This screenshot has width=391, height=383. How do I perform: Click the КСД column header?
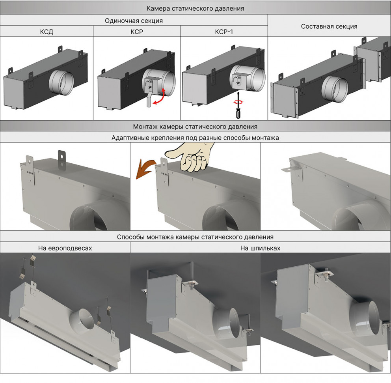[x=47, y=32]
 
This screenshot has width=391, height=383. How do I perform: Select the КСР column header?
[x=136, y=32]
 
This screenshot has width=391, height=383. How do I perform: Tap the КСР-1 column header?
[x=224, y=32]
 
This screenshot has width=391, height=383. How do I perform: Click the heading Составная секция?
[x=329, y=26]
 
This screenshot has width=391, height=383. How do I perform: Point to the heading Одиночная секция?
[x=134, y=21]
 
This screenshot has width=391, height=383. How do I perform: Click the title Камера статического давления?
[x=195, y=8]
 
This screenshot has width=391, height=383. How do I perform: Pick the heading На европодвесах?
[x=65, y=248]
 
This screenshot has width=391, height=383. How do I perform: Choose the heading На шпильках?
[x=260, y=248]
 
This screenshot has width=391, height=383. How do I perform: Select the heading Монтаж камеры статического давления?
[x=195, y=127]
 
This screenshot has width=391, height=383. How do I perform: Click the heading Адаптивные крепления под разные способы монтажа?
[x=195, y=138]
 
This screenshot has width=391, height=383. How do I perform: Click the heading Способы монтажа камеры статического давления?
[x=195, y=237]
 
